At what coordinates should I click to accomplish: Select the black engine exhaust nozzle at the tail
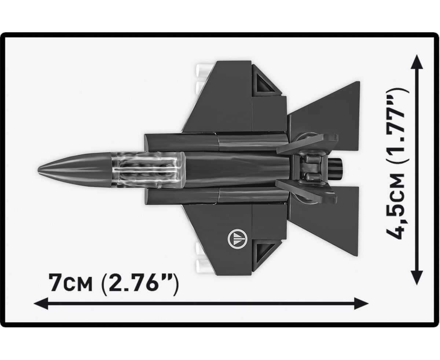[336, 169]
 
